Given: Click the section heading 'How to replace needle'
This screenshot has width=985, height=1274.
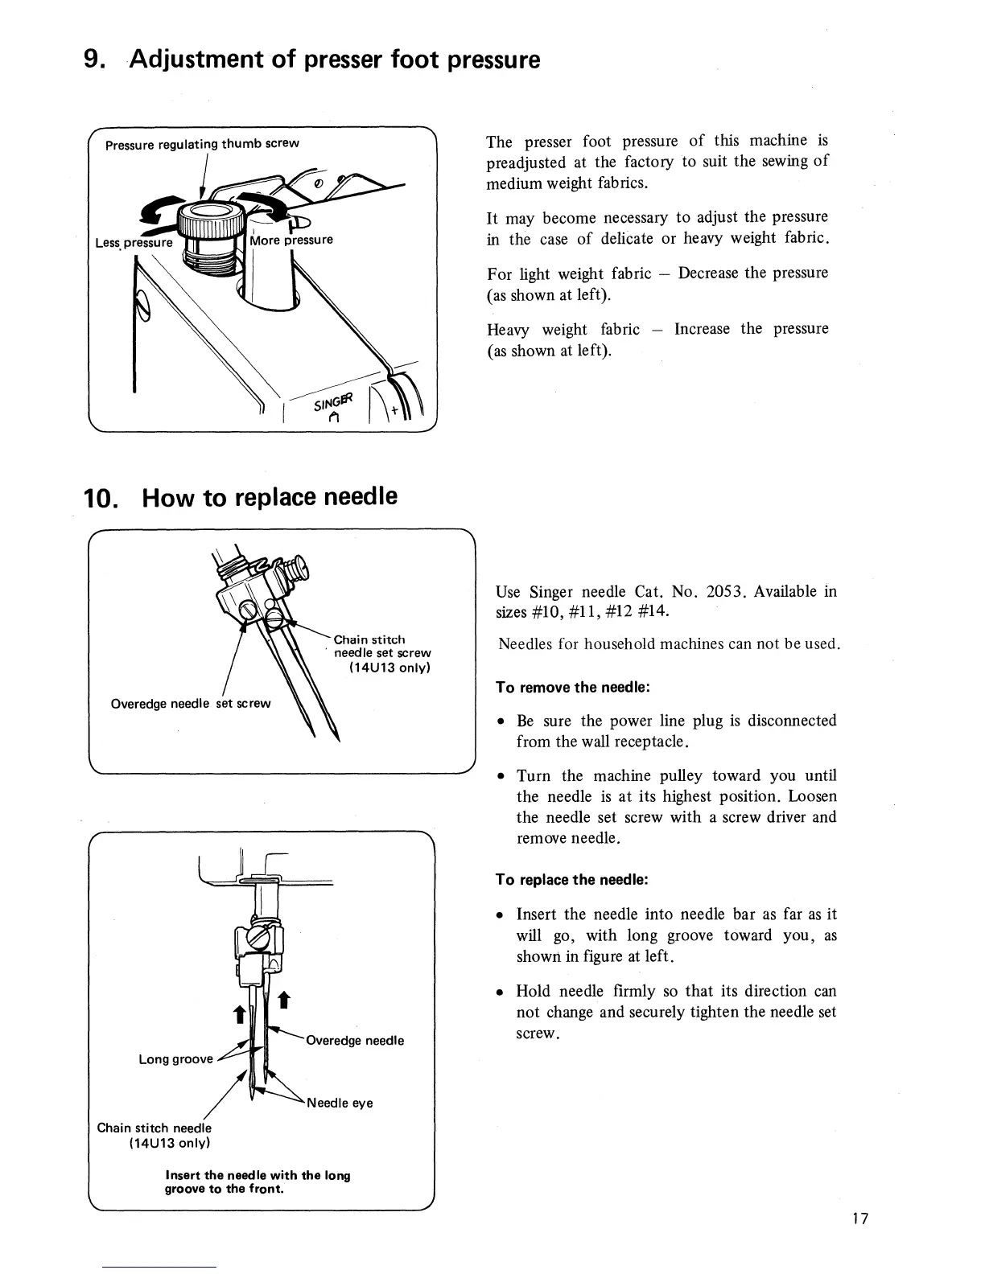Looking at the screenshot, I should pos(269,496).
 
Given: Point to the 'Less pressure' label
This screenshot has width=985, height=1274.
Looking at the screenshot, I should pos(134,242).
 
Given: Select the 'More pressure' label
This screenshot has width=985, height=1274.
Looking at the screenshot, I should pos(291,240).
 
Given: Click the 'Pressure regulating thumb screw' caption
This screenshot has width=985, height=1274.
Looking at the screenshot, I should pos(202,144).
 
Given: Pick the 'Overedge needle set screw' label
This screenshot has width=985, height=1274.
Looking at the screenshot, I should pos(191,703).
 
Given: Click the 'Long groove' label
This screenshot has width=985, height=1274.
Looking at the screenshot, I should pos(175,1058).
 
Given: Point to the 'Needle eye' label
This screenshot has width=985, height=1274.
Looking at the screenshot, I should pos(340,1103).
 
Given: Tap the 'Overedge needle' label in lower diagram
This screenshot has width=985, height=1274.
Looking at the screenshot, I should pos(355,1040).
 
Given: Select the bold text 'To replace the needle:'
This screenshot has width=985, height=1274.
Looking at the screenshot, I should pos(572,880).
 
